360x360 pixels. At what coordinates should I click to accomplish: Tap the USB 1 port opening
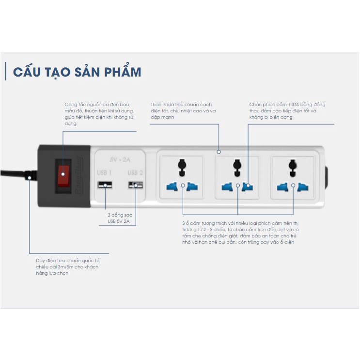(105, 185)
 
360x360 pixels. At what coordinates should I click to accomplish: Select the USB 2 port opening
(136, 185)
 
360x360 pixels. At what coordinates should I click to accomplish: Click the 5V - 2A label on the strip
(119, 159)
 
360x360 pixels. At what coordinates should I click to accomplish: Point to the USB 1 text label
(104, 172)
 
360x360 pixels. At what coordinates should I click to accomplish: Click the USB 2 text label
(136, 172)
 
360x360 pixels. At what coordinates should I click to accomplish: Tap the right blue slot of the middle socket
(248, 186)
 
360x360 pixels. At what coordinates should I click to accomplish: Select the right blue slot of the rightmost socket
(303, 186)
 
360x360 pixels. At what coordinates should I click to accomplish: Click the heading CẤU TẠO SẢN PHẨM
(77, 72)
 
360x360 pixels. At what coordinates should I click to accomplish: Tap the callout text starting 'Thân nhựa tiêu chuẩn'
(184, 110)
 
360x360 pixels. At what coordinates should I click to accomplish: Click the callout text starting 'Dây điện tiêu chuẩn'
(66, 266)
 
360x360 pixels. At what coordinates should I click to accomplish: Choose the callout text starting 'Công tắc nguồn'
(99, 114)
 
